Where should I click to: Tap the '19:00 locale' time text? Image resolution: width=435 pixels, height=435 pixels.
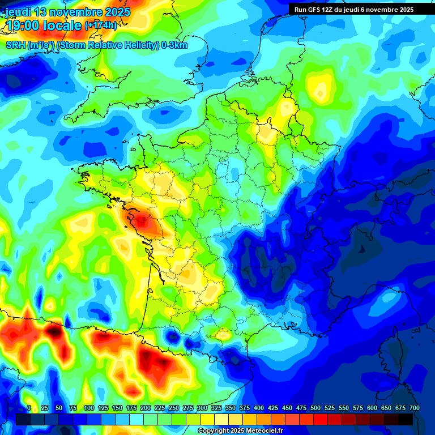42,25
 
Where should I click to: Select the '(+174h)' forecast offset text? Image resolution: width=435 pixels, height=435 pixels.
101,25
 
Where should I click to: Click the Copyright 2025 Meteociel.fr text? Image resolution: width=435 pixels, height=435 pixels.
240,430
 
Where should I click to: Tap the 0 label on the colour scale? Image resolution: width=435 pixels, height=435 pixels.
29,408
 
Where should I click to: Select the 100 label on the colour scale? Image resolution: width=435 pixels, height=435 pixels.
88,408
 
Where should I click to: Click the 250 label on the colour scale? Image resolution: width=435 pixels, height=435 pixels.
174,408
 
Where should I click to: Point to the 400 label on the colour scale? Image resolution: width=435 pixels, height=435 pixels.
259,408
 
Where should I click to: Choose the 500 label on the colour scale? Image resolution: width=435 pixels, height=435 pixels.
315,408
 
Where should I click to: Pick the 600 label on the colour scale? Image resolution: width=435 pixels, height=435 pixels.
372,408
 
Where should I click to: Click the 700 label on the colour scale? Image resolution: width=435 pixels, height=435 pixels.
415,408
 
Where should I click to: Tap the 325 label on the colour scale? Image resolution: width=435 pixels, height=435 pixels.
216,408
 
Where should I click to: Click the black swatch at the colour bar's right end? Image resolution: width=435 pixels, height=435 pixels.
406,419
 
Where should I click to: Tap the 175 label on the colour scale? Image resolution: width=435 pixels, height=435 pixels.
131,408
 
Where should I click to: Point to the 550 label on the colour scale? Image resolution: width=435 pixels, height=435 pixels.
344,408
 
